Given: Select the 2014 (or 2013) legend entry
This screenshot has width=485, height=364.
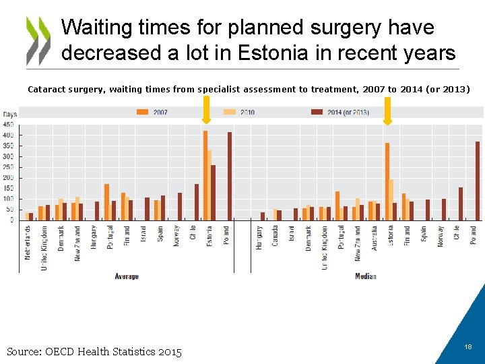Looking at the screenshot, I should [x=340, y=112].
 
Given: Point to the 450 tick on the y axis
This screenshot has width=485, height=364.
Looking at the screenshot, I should [x=8, y=125].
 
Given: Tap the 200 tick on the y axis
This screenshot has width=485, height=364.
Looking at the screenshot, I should [x=8, y=178].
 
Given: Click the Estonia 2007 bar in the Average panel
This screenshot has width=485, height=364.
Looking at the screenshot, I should [x=205, y=175].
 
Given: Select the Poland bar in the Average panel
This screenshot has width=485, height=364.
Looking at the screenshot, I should [x=230, y=176].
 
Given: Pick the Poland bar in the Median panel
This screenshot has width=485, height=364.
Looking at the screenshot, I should [x=478, y=181].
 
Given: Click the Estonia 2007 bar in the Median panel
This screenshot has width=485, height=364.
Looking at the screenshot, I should [x=387, y=181].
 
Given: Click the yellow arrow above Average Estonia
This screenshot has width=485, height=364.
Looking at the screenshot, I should [x=206, y=110].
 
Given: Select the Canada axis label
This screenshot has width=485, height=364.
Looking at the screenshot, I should [x=276, y=235].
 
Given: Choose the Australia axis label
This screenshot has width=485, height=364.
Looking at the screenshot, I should [x=375, y=238].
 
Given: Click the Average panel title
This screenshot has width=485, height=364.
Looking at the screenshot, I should [x=127, y=276].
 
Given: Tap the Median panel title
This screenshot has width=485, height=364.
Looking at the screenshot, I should [x=365, y=276].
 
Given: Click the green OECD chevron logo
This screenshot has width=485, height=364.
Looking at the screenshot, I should [x=38, y=40].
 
